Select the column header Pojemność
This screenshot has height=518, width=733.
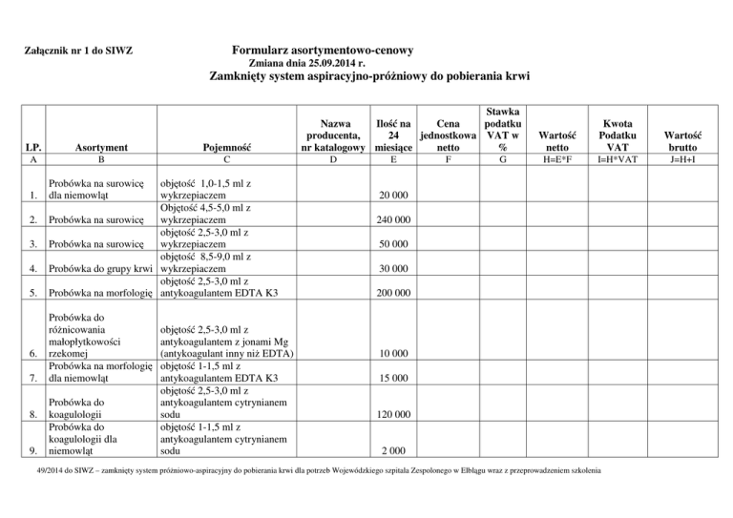coord(227,149)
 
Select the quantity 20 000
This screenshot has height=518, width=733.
coord(393,196)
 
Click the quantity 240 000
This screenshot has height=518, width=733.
coord(393,220)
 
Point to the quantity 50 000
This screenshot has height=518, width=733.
coord(393,245)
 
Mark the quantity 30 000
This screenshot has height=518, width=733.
coord(393,269)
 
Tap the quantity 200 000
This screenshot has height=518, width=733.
coord(393,294)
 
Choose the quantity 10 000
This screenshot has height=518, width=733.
coord(393,354)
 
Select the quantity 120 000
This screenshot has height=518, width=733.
coord(393,415)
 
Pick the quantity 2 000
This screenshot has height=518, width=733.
coord(393,451)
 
